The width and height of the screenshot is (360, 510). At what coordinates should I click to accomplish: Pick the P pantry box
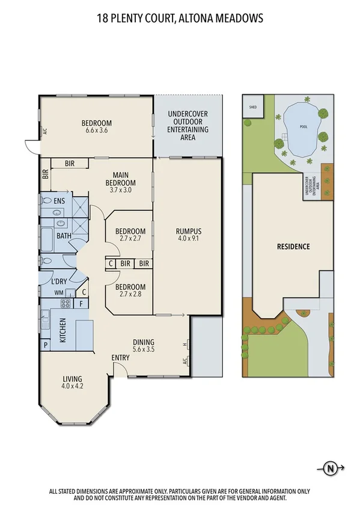[45, 345]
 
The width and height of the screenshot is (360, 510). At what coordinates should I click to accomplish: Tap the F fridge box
[81, 304]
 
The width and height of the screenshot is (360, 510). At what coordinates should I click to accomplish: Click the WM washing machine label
[58, 293]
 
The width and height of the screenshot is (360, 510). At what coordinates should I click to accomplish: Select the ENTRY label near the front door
[121, 358]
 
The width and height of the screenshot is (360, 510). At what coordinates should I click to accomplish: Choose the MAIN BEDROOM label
[120, 179]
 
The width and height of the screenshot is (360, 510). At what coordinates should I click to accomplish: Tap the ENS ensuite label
[59, 201]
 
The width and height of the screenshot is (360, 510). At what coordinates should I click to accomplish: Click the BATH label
[64, 236]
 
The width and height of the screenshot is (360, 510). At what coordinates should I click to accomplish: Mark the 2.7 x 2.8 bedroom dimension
[130, 294]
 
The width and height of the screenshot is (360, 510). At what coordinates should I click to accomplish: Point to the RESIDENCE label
[293, 247]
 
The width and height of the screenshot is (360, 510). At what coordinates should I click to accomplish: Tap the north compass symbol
[329, 467]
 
